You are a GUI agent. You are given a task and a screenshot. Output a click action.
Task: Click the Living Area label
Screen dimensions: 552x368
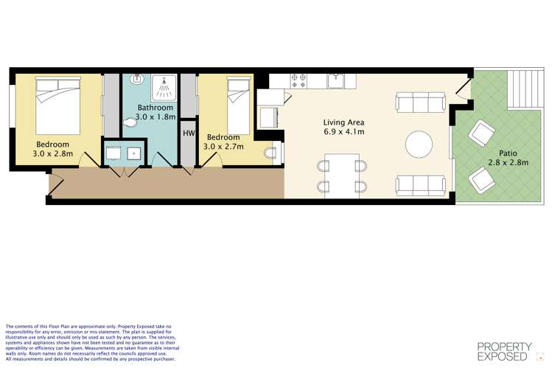click(x=343, y=122)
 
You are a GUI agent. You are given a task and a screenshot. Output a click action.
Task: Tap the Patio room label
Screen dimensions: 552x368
click(x=508, y=153)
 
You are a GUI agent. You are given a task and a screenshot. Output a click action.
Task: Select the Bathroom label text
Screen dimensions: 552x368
click(x=156, y=108)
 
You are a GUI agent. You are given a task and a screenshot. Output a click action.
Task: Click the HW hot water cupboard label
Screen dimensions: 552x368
click(x=189, y=133)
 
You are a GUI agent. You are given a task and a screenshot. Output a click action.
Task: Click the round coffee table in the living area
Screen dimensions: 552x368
click(x=419, y=145)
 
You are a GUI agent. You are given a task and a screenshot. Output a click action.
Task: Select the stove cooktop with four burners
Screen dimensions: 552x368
click(x=298, y=81)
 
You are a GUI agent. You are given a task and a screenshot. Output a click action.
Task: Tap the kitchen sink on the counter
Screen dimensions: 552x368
click(x=336, y=80)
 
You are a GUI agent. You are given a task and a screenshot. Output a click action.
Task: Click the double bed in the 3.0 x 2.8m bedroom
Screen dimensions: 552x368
click(x=58, y=105)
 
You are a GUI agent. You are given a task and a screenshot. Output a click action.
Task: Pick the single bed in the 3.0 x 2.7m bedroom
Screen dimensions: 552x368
click(x=238, y=105)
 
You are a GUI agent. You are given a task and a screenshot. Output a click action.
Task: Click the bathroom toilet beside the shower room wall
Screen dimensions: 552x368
click(x=130, y=122)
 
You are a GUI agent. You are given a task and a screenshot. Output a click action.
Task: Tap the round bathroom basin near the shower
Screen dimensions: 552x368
click(x=136, y=79)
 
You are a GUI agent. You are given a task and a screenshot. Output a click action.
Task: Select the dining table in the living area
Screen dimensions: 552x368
click(x=342, y=176)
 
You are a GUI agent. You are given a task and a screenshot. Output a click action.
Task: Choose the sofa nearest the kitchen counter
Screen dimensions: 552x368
click(x=421, y=102)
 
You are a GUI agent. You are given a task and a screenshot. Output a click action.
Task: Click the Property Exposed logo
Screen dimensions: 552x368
click(x=505, y=352)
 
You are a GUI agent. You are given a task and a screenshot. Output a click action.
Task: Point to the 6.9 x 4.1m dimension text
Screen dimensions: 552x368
click(x=344, y=132)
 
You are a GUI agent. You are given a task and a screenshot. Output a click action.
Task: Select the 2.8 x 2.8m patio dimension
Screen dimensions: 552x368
click(x=509, y=162)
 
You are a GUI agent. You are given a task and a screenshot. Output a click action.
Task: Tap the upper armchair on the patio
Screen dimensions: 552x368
click(x=481, y=133)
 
